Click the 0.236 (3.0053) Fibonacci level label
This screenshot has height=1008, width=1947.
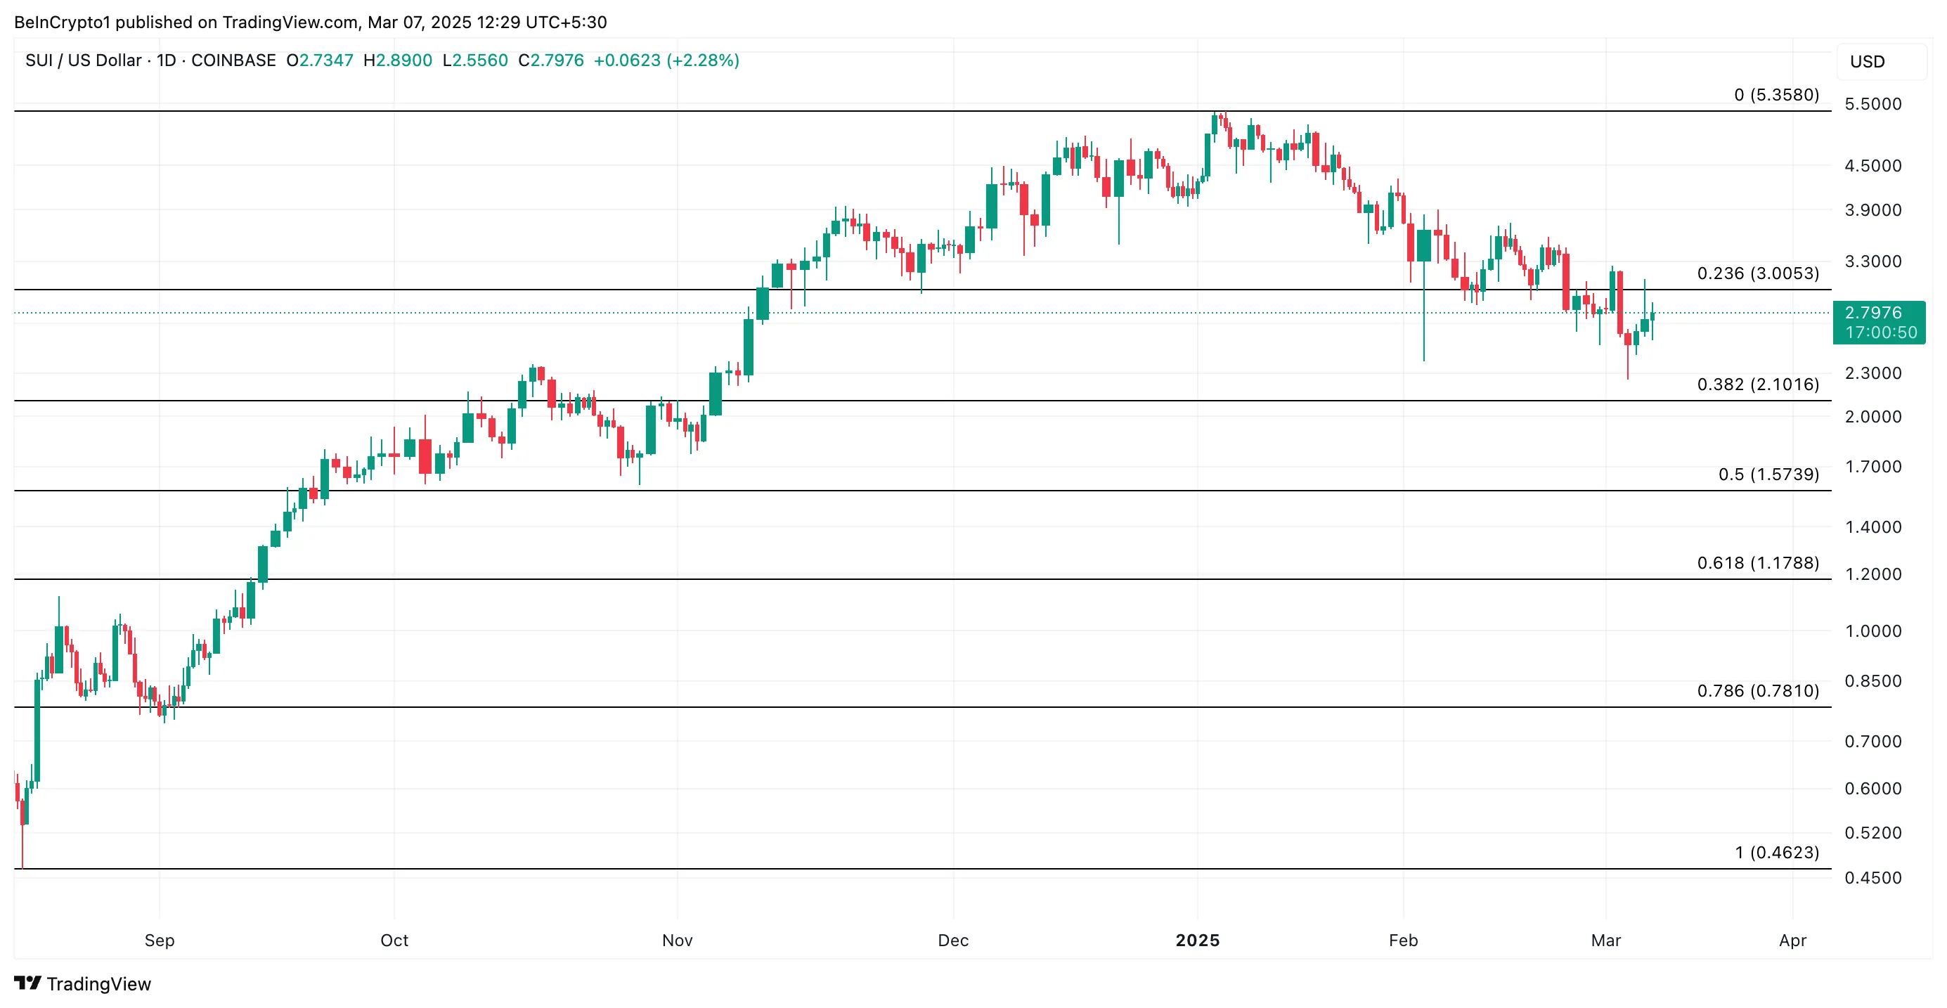[x=1757, y=273]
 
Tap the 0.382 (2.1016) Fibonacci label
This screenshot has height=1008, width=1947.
[x=1757, y=384]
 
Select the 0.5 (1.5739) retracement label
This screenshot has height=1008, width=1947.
[x=1768, y=474]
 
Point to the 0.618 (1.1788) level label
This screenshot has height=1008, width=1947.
[x=1757, y=562]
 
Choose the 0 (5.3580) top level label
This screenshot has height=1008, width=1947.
[x=1776, y=94]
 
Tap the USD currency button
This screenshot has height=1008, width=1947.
[x=1867, y=61]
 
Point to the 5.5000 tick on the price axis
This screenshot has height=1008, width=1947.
[x=1872, y=103]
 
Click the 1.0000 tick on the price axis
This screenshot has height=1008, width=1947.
[x=1872, y=631]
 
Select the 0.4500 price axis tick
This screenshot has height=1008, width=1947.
[x=1872, y=877]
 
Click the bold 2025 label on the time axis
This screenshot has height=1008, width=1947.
[x=1197, y=940]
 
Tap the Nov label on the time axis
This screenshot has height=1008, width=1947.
[x=676, y=940]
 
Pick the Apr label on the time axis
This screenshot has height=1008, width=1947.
[x=1792, y=940]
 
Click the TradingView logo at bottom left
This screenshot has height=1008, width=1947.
[x=82, y=983]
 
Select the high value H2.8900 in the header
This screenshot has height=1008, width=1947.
[x=398, y=60]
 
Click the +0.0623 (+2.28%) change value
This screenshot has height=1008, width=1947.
[x=666, y=60]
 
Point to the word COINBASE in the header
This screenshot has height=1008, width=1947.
[x=233, y=60]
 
